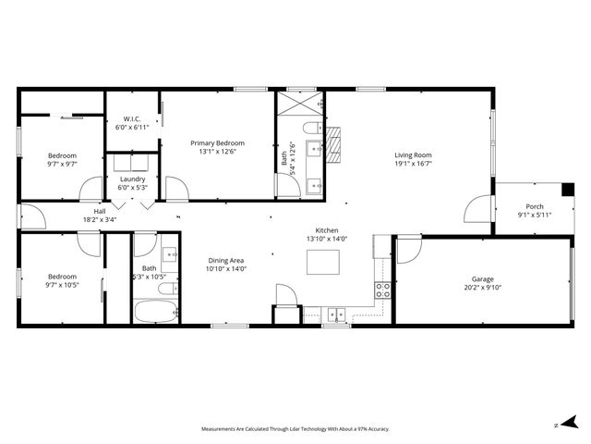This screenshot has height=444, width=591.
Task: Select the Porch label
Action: (534, 206)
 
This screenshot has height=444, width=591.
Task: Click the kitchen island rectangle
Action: (322, 263)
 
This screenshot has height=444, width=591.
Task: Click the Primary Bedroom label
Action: (217, 142)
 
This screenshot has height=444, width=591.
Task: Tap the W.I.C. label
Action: (131, 119)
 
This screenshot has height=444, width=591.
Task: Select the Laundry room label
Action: (133, 179)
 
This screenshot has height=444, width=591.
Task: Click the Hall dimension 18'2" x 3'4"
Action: (100, 220)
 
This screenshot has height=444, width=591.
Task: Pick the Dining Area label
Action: (224, 262)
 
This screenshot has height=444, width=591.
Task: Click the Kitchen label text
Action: (327, 230)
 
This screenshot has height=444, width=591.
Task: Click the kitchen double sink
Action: (333, 313)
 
